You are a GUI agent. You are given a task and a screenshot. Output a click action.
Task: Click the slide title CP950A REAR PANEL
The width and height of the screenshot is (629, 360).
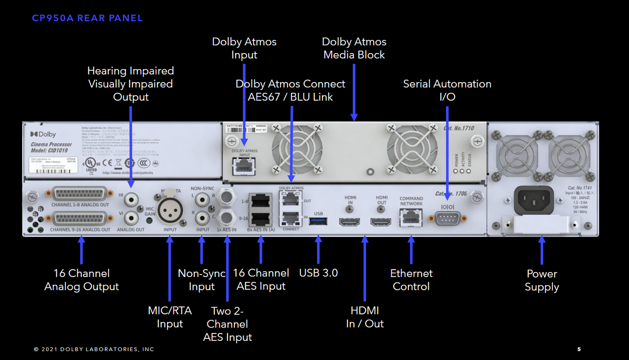(x=87, y=19)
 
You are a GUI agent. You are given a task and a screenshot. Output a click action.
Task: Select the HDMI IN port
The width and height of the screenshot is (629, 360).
(x=349, y=222)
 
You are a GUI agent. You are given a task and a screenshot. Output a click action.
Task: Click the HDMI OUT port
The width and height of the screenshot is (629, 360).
(x=381, y=222)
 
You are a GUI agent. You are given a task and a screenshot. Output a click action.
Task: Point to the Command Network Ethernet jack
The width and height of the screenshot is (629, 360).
(x=411, y=217)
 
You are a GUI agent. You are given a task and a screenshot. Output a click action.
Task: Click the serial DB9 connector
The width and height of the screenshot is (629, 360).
(x=447, y=218)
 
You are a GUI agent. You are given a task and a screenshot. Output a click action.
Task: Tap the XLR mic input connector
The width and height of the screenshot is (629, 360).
(x=170, y=210)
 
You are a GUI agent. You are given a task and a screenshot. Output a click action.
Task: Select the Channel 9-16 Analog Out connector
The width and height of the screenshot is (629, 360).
(x=81, y=219)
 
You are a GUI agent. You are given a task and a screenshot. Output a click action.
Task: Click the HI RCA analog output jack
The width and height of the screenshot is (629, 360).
(x=131, y=199)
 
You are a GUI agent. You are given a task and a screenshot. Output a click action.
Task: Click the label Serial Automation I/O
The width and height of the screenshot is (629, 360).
(x=447, y=90)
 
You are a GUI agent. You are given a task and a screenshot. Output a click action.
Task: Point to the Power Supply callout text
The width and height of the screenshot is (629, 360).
(x=542, y=280)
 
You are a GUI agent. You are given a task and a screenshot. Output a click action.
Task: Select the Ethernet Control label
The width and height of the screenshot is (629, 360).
(x=411, y=280)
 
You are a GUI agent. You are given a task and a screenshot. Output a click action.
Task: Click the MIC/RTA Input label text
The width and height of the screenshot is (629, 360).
(x=170, y=317)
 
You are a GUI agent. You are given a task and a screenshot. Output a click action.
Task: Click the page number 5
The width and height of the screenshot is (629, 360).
(x=579, y=349)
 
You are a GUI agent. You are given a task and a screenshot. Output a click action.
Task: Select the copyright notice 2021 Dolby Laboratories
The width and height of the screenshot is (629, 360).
(x=94, y=349)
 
